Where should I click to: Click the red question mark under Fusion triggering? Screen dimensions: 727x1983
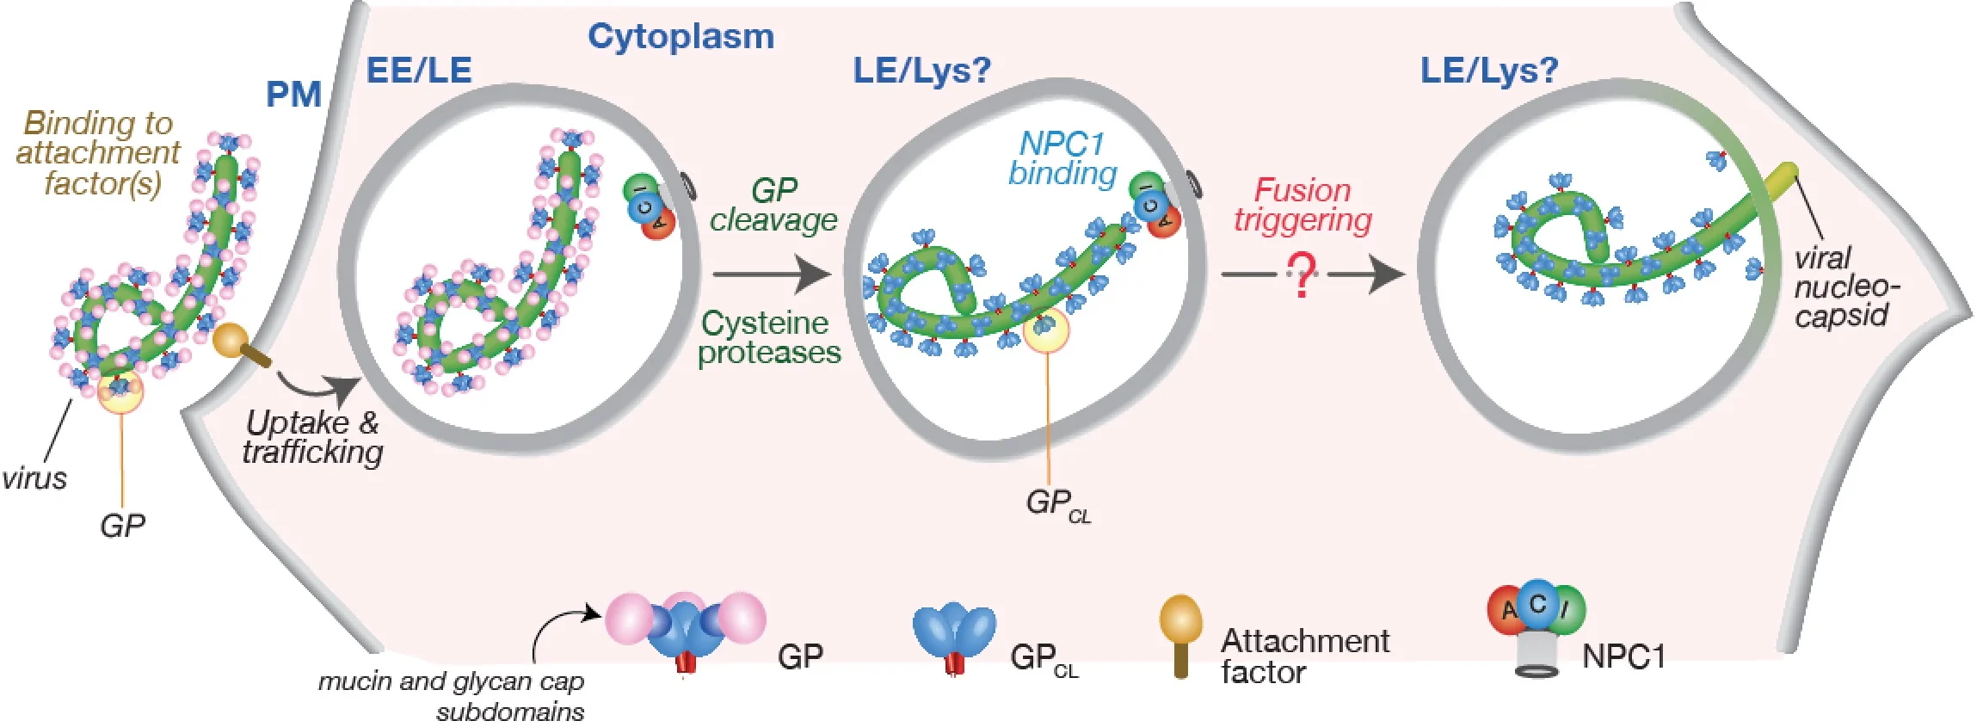[x=1302, y=274]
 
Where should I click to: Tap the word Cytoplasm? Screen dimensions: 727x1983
[x=681, y=36]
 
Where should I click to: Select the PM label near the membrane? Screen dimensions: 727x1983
[x=293, y=94]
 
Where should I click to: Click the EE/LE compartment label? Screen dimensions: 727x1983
[x=419, y=70]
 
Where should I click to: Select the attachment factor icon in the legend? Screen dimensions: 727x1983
[x=1180, y=635]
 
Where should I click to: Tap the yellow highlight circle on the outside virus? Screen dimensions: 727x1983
[x=120, y=391]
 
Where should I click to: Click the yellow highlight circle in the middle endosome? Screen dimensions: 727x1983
[x=1046, y=330]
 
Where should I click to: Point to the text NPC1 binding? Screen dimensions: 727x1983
[x=1062, y=158]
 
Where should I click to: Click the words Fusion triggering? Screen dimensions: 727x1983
[x=1302, y=205]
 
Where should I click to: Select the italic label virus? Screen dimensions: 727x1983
[x=34, y=478]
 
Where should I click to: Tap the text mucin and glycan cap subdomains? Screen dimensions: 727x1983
[x=453, y=695]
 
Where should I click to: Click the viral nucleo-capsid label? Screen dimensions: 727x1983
[x=1844, y=286]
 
